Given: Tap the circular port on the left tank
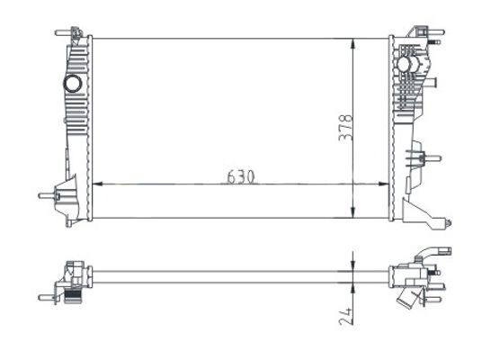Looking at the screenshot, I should (x=72, y=85).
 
